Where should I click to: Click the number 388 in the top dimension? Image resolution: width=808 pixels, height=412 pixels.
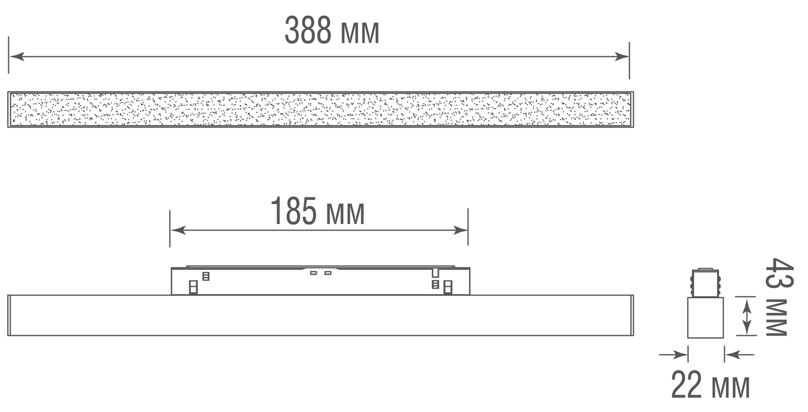tap(307, 31)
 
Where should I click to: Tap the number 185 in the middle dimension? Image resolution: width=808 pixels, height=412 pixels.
tap(293, 212)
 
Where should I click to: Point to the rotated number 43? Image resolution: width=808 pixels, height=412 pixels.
tap(779, 275)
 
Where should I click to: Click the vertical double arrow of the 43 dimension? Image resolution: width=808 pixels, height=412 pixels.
tap(747, 317)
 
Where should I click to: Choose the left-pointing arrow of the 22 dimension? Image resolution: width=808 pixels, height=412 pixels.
tap(731, 354)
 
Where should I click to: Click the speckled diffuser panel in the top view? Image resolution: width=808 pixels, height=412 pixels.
tap(321, 110)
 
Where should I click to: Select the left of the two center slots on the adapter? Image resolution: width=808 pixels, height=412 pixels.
tap(314, 273)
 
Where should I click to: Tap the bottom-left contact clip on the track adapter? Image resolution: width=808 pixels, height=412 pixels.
tap(193, 288)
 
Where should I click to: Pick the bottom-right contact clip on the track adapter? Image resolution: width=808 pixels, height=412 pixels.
tap(447, 288)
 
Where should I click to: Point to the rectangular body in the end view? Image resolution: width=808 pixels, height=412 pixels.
tap(705, 318)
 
